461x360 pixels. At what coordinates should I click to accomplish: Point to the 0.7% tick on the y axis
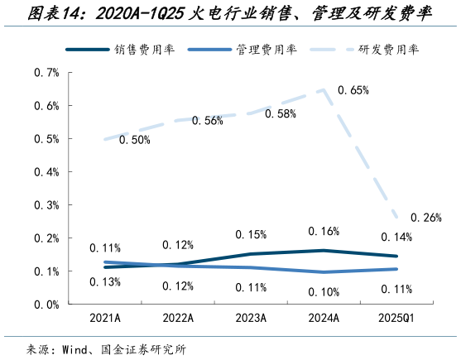tap(46, 73)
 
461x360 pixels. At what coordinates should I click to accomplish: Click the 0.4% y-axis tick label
tap(46, 172)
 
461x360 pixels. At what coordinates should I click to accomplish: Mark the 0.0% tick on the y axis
tap(46, 304)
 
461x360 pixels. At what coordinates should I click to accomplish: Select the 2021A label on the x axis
tap(105, 318)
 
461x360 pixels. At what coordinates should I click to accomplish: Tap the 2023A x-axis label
tap(251, 318)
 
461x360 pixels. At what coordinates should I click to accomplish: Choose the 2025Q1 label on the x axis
tap(396, 318)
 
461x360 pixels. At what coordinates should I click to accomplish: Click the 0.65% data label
tap(353, 90)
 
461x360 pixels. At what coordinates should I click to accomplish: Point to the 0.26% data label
tap(425, 218)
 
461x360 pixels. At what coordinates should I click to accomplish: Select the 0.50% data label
tap(135, 141)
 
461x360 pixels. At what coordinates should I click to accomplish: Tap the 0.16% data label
tap(323, 231)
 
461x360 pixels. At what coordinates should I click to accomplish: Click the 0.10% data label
tap(323, 291)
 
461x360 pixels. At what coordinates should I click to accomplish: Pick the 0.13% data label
tap(105, 282)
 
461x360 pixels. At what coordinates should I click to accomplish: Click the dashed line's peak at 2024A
tap(324, 89)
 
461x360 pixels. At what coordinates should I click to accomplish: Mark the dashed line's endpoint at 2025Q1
tap(396, 218)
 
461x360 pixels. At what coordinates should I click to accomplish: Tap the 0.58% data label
tap(281, 114)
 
